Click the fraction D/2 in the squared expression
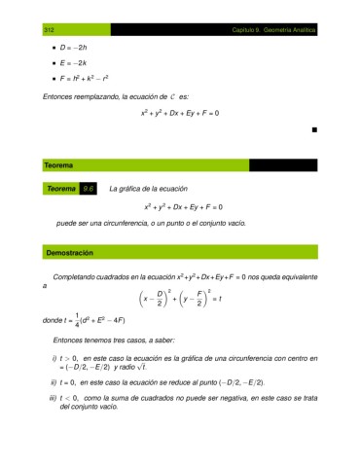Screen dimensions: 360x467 (160, 299)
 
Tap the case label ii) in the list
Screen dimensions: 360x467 (54, 383)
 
